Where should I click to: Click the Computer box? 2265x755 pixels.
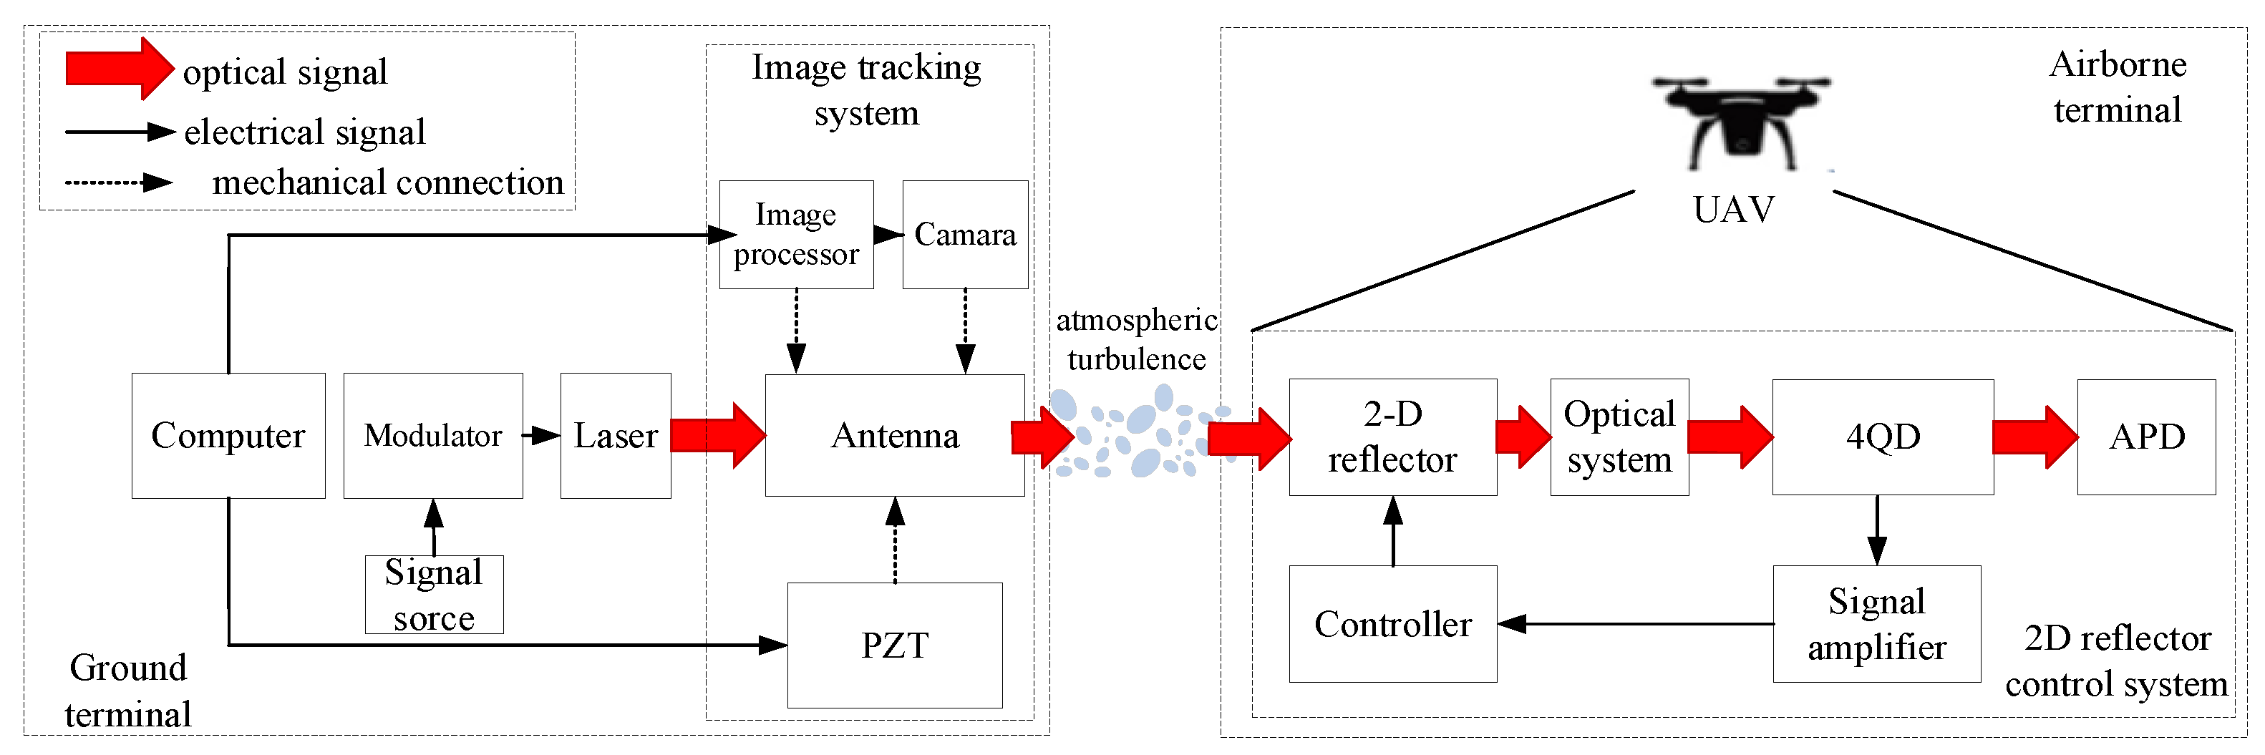228,435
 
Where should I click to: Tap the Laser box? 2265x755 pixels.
616,435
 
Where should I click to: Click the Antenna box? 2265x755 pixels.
894,435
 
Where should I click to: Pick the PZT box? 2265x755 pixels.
894,644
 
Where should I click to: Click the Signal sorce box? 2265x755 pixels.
434,594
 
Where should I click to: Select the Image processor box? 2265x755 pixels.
796,234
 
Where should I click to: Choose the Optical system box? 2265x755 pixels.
1619,437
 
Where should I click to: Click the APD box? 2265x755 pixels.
2145,437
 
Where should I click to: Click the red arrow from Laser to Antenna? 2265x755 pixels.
717,435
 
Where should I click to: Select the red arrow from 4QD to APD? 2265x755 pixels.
2034,437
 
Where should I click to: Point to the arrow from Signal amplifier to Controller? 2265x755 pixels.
1636,623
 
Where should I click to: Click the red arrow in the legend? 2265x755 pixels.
120,69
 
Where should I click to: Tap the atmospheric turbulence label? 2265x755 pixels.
1136,339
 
